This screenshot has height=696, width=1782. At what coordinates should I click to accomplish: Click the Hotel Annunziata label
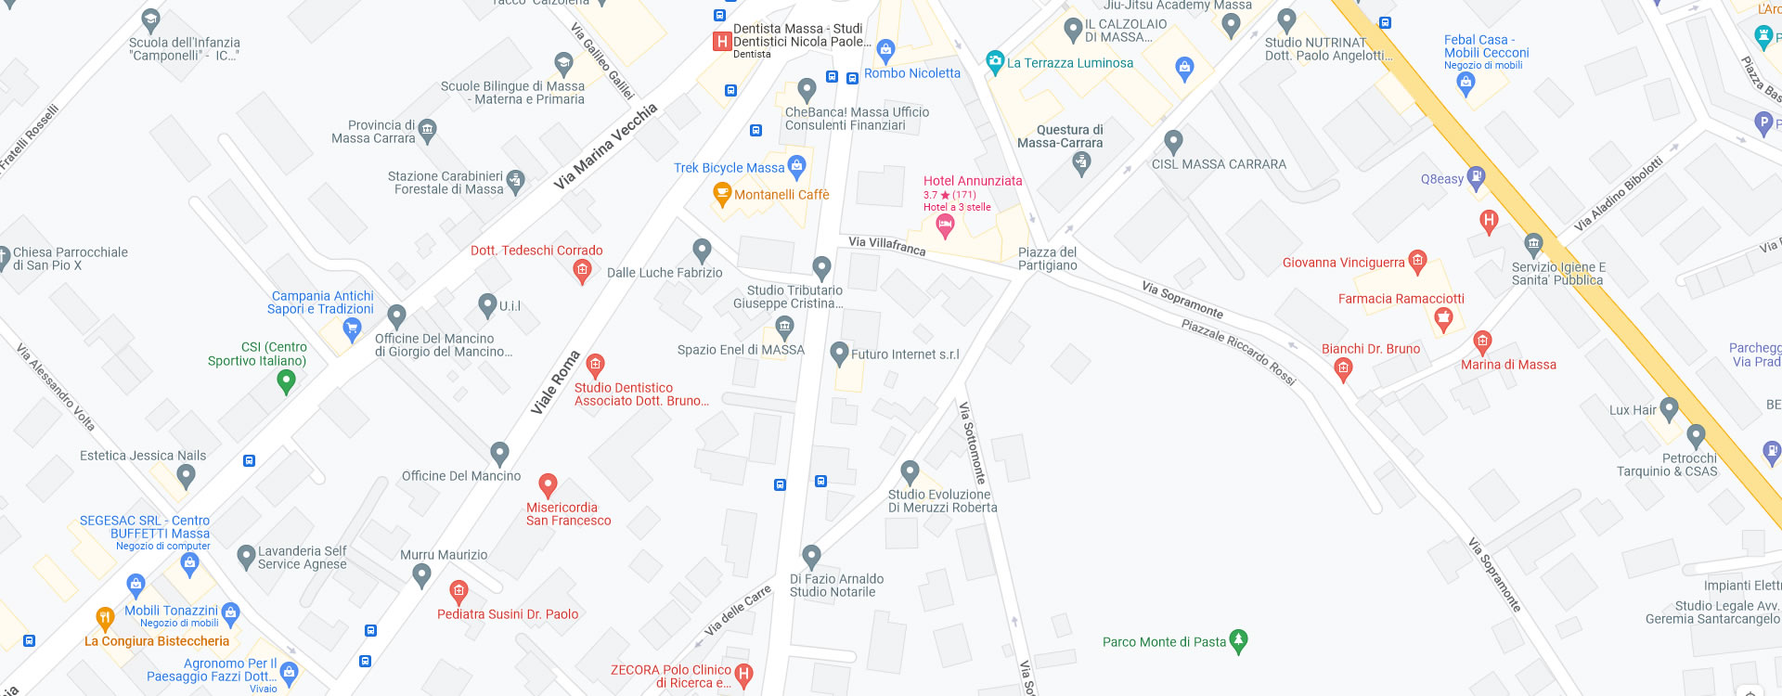coord(972,181)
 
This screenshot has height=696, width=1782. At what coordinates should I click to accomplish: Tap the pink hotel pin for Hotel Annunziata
coord(945,225)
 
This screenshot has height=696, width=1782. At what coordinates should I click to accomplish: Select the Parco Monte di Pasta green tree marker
coord(1238,640)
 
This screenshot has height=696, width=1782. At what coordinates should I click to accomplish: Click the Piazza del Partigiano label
coord(1047,259)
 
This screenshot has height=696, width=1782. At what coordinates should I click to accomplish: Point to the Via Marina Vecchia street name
coord(605,147)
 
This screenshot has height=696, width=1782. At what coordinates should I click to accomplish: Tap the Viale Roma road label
coord(555,382)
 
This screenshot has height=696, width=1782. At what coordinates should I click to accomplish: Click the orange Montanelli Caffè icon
coord(722,194)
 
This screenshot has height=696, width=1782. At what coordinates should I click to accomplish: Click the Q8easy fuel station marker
coord(1476,178)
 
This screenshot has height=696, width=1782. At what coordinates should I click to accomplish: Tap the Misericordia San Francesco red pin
coord(548,485)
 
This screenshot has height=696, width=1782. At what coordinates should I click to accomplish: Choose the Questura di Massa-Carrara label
coord(1060,136)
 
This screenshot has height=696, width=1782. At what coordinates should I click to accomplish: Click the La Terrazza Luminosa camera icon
coord(995,62)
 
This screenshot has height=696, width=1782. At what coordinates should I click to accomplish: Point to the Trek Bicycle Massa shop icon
coord(796,166)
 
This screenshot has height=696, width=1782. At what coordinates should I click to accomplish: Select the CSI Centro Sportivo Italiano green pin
coord(286,380)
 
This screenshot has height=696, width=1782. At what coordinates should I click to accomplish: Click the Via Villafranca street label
coord(886,245)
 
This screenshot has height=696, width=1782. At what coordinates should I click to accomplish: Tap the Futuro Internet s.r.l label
coord(905,354)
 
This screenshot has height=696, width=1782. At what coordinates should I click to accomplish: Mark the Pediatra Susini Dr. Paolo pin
coord(458,591)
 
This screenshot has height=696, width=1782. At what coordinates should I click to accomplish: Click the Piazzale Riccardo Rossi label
coord(1238,352)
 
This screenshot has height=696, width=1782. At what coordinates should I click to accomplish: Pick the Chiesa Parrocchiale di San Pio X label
coord(71,259)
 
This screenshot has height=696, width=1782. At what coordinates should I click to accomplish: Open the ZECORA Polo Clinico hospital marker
coord(742,674)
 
